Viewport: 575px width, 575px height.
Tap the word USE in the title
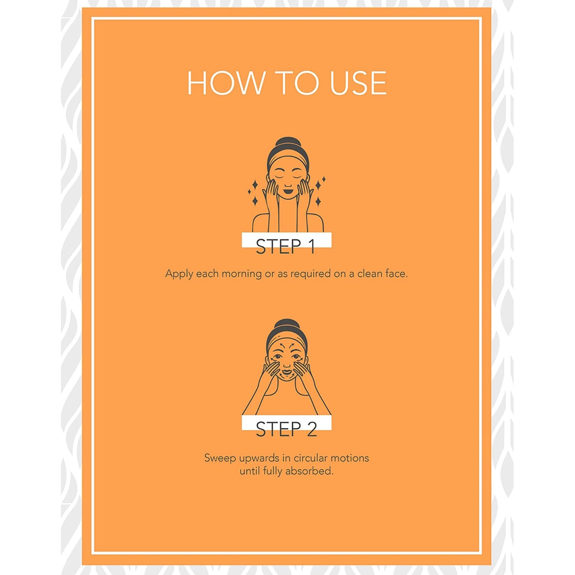(x=358, y=83)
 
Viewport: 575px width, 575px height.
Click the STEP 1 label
(x=286, y=246)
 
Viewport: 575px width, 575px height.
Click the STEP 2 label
(x=286, y=429)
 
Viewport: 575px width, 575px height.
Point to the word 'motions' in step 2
(x=350, y=458)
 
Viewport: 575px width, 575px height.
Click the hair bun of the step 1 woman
(x=287, y=143)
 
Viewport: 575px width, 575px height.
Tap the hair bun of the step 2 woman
(x=287, y=324)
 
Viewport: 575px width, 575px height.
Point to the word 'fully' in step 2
(x=273, y=472)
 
